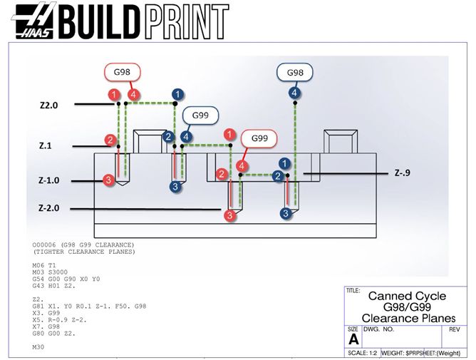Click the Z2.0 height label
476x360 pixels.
[x=48, y=104]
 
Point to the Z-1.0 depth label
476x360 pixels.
[x=49, y=180]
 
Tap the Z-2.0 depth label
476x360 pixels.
[x=50, y=208]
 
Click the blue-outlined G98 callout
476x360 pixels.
[x=295, y=73]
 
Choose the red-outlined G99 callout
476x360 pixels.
[x=259, y=138]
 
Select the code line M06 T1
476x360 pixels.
[x=45, y=263]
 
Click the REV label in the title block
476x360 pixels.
[x=455, y=330]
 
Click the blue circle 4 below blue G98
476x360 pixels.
[x=294, y=93]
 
